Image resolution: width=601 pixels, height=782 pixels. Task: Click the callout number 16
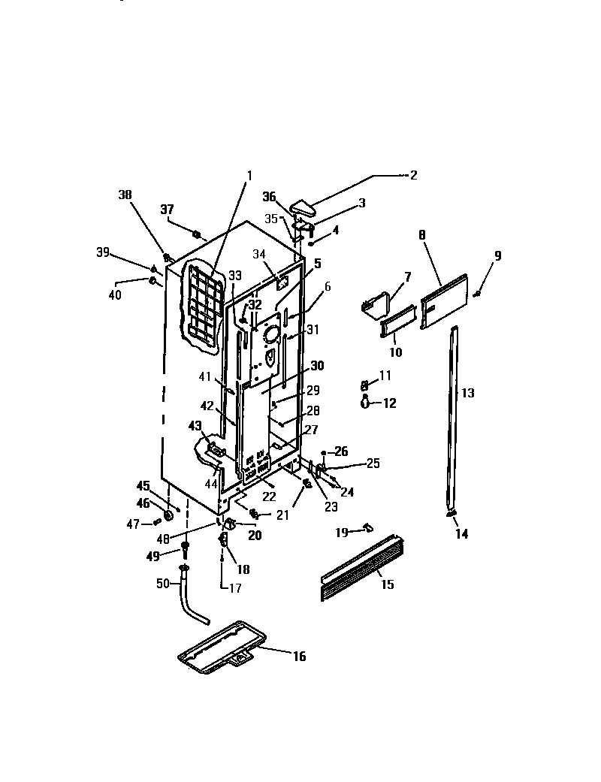click(299, 657)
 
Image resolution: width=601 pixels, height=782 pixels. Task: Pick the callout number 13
click(467, 393)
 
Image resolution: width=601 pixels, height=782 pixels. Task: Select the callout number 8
click(422, 235)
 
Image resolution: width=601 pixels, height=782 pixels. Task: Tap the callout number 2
click(412, 175)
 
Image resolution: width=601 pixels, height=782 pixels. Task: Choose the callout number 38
click(125, 195)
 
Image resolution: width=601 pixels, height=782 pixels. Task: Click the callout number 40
click(115, 295)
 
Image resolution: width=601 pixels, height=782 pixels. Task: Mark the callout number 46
click(143, 504)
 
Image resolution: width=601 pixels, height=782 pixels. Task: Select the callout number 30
click(316, 366)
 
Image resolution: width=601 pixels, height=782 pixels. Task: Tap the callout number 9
click(497, 256)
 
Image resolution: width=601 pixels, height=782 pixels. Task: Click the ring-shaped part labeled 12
click(365, 403)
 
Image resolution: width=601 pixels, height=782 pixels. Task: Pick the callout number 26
click(342, 451)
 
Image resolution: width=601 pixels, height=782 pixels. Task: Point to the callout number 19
click(342, 532)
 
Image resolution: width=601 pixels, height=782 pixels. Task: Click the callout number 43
click(195, 426)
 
